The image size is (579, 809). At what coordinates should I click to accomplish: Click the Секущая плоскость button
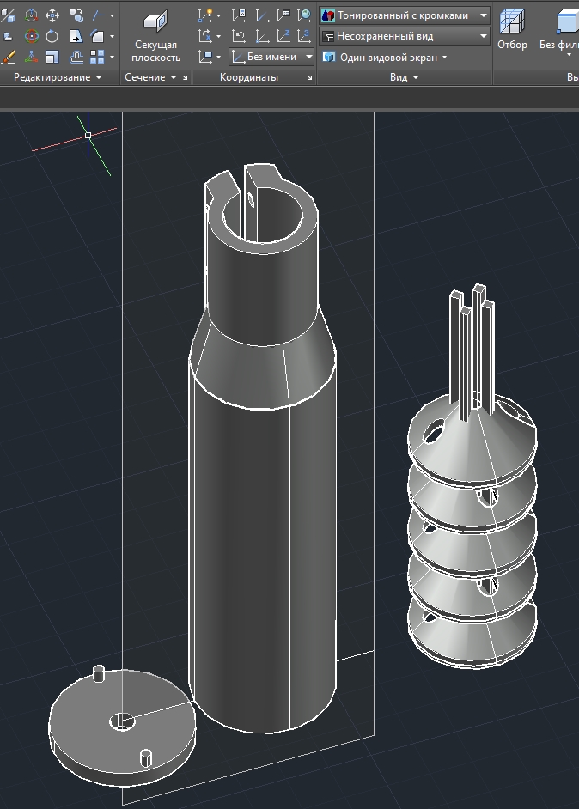(x=155, y=38)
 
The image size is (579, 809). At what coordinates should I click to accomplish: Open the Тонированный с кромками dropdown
(x=404, y=15)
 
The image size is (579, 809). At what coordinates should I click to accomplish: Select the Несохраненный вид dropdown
(x=404, y=36)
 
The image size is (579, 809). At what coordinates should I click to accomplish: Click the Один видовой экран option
(x=385, y=58)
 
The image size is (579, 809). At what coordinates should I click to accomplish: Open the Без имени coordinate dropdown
(x=273, y=58)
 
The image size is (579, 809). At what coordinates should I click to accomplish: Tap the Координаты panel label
(x=248, y=77)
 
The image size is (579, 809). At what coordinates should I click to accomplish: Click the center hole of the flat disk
(x=122, y=721)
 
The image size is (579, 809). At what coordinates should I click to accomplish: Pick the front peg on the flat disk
(x=145, y=758)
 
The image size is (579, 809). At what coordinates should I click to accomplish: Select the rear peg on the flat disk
(x=98, y=673)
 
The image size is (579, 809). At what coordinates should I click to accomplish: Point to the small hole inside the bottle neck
(x=251, y=201)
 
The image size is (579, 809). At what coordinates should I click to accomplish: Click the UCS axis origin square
(x=88, y=135)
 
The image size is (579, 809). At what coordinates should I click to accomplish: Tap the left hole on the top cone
(x=434, y=430)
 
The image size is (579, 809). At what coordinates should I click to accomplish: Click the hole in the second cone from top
(x=487, y=496)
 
